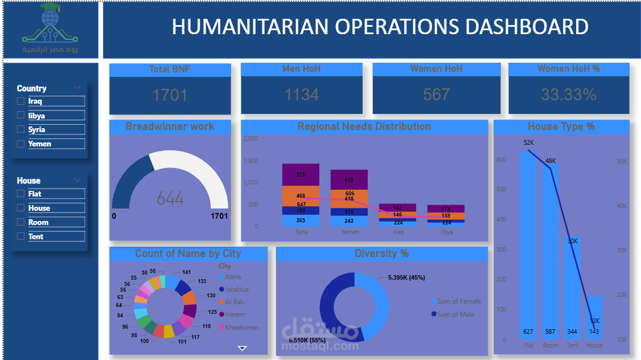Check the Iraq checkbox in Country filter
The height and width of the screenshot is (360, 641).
pos(21,101)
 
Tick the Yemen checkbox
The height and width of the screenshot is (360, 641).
pos(21,144)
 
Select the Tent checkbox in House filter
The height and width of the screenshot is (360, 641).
pos(21,236)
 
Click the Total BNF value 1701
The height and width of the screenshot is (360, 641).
pos(170,95)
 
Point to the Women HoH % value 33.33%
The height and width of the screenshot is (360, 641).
pos(568,95)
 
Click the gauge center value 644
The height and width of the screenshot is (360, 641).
pos(170,199)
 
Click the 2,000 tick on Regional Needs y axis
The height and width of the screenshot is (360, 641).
pos(250,138)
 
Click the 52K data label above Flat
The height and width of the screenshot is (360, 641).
pos(529,142)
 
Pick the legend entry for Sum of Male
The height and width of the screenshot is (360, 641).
pos(455,314)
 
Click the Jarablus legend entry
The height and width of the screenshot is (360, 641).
pos(236,289)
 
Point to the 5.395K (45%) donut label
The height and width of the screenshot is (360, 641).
pos(406,277)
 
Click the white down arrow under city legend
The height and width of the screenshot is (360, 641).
pos(242,347)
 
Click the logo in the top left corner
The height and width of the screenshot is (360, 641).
pos(50,28)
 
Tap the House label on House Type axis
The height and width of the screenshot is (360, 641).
pos(594,345)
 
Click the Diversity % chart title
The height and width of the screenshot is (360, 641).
pos(381,253)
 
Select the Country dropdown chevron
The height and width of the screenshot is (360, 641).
pos(77,88)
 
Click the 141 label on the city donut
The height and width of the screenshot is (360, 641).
pos(187,272)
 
